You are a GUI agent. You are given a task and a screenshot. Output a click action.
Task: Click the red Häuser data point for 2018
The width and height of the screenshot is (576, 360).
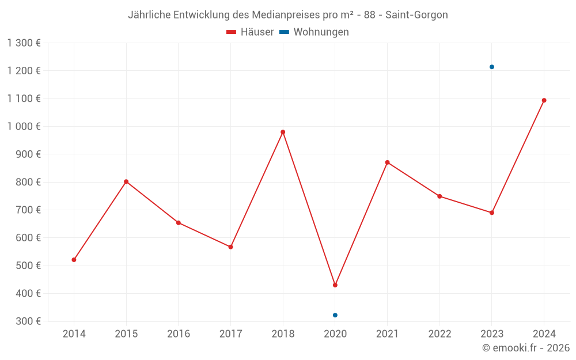283,132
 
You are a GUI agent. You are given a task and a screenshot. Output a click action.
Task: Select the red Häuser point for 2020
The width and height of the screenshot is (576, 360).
335,285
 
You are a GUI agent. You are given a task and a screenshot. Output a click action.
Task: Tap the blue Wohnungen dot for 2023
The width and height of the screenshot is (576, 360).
492,67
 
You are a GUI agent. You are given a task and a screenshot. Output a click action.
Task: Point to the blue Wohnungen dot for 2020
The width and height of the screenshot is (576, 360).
335,315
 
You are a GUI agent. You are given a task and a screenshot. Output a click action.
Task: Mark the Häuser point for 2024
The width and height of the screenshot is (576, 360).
544,100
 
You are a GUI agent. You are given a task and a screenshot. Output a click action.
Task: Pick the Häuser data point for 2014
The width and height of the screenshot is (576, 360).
74,260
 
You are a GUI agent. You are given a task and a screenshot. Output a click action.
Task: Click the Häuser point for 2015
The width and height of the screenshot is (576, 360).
126,181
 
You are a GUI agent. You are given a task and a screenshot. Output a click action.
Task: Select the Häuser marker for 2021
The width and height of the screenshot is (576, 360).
387,162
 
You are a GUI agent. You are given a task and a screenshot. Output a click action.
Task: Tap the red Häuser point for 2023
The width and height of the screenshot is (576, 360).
492,213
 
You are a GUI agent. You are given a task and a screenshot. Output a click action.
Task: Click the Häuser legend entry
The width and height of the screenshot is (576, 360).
250,32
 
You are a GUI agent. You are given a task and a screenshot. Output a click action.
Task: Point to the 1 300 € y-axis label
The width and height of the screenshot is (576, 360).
24,43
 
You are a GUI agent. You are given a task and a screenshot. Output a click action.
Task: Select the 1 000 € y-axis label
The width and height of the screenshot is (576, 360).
24,126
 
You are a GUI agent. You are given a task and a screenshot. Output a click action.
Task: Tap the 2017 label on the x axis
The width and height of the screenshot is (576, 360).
230,334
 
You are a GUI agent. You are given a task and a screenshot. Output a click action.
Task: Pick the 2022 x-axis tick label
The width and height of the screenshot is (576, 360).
439,334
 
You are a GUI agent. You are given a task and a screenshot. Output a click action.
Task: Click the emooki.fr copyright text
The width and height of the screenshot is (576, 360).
526,348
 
